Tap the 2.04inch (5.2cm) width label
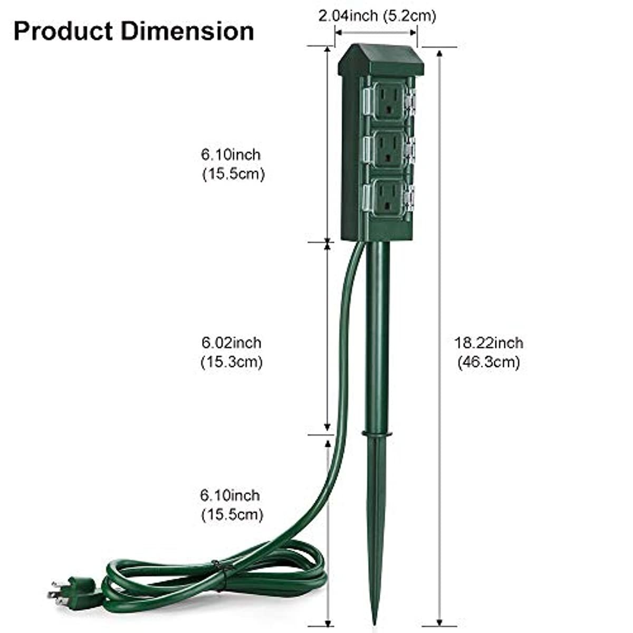pos(377,16)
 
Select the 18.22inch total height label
pos(489,343)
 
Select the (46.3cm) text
pos(488,362)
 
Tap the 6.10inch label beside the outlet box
pos(231,155)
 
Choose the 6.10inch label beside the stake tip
pos(230,495)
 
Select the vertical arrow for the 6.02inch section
pos(328,338)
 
